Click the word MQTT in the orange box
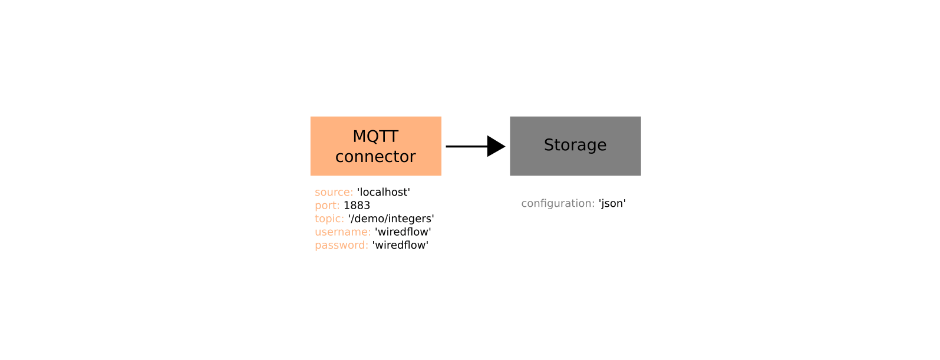click(375, 136)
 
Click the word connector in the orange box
click(375, 157)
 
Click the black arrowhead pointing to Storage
click(496, 146)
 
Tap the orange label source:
click(334, 192)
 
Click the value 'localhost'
click(384, 192)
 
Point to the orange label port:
click(327, 206)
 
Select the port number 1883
click(357, 206)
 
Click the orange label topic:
click(329, 219)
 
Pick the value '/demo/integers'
click(391, 219)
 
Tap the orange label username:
click(342, 232)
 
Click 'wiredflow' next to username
click(403, 232)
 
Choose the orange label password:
click(341, 245)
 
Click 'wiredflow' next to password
click(401, 245)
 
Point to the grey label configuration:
click(558, 203)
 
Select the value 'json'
click(612, 203)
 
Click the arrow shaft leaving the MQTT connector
click(464, 146)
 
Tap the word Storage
click(575, 145)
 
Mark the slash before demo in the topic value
click(352, 219)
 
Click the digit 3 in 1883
click(367, 206)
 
